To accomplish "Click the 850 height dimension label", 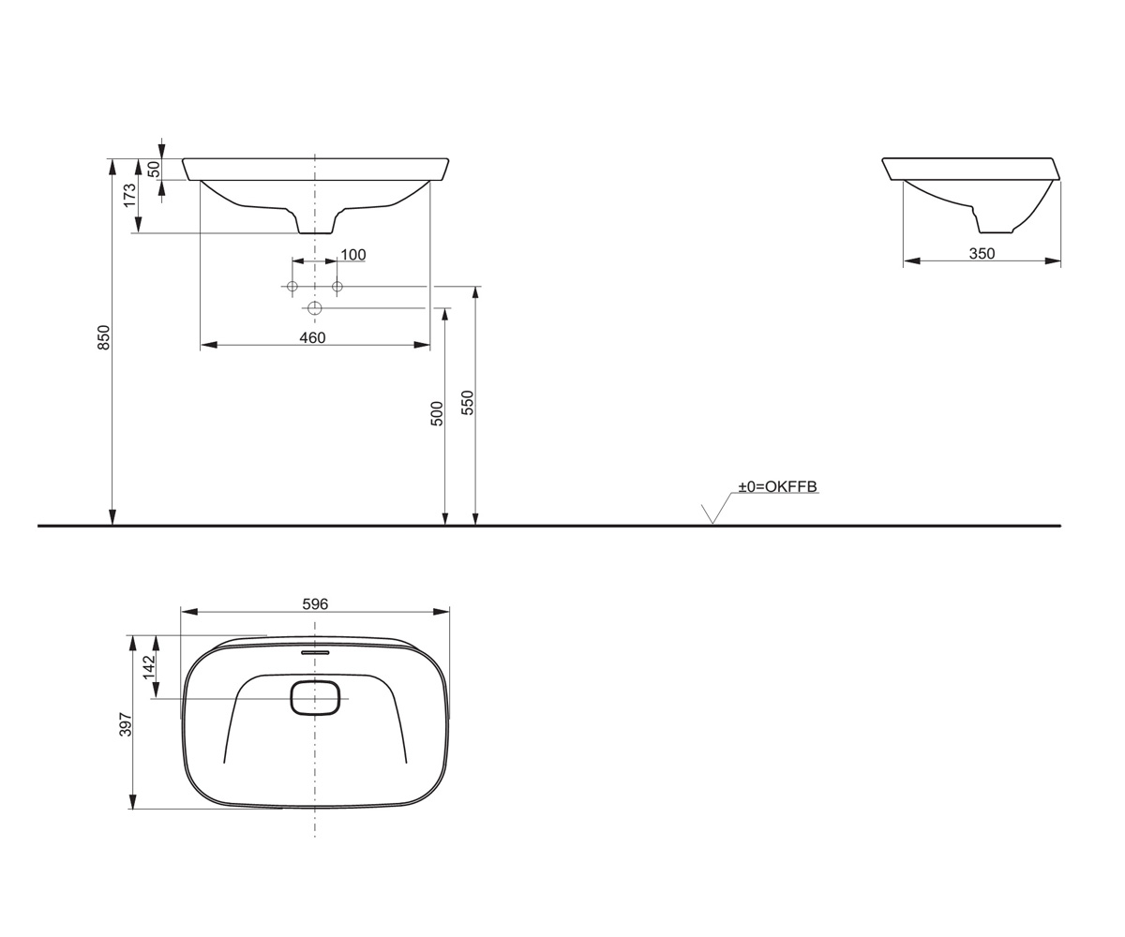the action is pyautogui.click(x=103, y=337).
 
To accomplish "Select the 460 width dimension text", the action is pyautogui.click(x=312, y=337).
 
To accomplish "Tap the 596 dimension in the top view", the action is pyautogui.click(x=315, y=604).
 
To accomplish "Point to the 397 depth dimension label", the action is pyautogui.click(x=125, y=724).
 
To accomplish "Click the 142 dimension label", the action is pyautogui.click(x=149, y=665).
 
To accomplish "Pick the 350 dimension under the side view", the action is pyautogui.click(x=982, y=254).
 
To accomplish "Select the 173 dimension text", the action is pyautogui.click(x=129, y=196).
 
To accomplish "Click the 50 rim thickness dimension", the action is pyautogui.click(x=154, y=169).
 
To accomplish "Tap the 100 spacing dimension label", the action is pyautogui.click(x=353, y=254).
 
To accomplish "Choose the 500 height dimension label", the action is pyautogui.click(x=437, y=413).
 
